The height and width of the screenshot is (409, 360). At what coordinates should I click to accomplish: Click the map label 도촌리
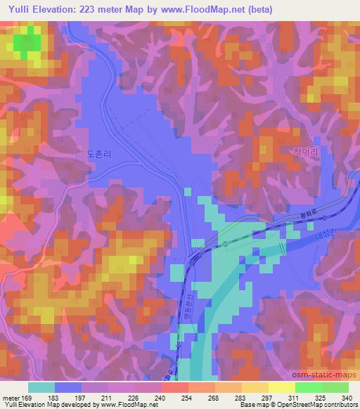tap(99, 152)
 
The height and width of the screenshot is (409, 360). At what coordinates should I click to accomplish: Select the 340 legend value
tap(346, 397)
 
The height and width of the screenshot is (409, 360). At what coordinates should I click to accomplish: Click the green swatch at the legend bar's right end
tap(335, 387)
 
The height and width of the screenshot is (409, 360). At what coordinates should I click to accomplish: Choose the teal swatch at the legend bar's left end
tap(41, 387)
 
